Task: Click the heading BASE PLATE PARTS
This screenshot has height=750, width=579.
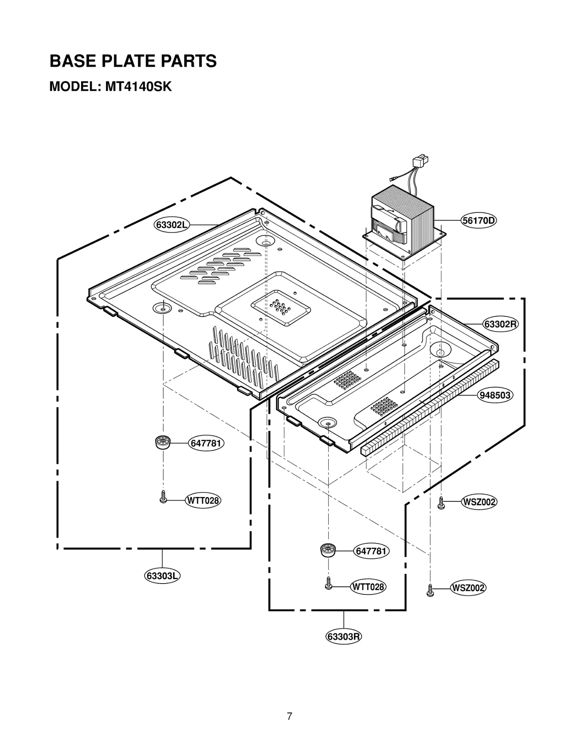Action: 133,61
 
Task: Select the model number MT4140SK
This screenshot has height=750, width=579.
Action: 138,87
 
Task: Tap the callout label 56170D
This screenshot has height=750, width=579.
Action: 478,220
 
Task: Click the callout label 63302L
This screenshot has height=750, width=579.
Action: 172,225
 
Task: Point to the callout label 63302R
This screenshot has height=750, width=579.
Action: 501,324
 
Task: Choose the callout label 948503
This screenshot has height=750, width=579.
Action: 495,395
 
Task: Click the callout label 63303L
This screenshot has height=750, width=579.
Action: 162,576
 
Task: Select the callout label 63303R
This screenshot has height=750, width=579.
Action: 343,636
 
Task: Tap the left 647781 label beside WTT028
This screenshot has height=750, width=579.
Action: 206,443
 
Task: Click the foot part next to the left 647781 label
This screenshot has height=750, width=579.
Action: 162,442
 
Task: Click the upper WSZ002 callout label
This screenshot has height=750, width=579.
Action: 479,502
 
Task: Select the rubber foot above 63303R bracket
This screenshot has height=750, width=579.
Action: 328,550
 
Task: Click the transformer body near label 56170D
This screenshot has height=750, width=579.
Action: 402,221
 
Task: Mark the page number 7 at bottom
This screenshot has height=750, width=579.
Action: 289,716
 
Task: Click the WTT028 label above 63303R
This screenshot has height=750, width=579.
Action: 368,586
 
